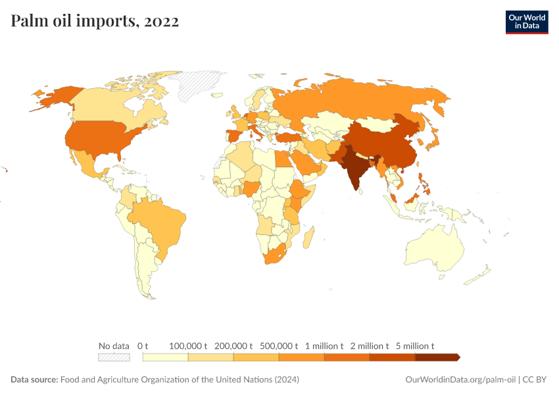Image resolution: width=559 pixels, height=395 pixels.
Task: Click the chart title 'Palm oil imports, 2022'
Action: (x=95, y=22)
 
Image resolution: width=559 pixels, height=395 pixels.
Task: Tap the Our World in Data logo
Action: (x=526, y=22)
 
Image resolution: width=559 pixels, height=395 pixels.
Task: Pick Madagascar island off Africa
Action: (x=308, y=236)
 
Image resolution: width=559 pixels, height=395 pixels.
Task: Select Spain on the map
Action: (x=235, y=139)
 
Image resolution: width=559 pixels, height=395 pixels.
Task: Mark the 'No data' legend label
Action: (x=114, y=346)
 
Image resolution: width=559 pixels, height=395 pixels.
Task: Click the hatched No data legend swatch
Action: (x=114, y=357)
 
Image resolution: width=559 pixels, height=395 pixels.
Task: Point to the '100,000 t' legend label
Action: (x=188, y=346)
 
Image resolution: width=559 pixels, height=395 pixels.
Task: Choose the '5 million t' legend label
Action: (x=414, y=346)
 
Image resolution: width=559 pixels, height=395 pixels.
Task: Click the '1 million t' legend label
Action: (x=324, y=346)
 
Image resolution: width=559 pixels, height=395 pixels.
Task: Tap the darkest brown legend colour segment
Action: (x=437, y=357)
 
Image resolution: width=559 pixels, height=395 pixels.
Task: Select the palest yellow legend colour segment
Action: (x=166, y=357)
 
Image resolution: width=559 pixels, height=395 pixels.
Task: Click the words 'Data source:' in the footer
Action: (x=34, y=380)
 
